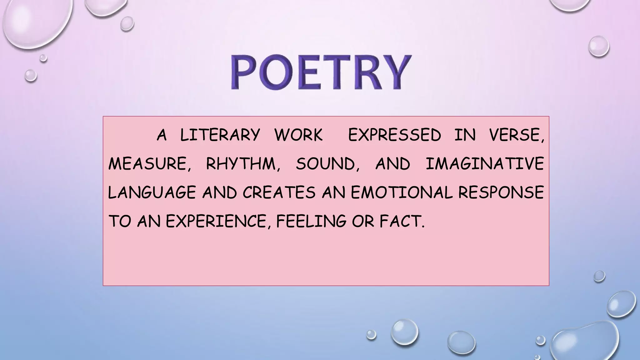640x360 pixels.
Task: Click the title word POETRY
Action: coord(321,72)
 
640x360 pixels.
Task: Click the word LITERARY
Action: coord(220,135)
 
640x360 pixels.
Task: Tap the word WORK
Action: coord(298,135)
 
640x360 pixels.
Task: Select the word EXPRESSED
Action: coord(394,135)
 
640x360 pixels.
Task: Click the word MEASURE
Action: coord(147,164)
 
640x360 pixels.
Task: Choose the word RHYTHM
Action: coord(240,164)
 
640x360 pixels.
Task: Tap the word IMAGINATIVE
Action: coord(485,164)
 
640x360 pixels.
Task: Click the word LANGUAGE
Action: coord(152,192)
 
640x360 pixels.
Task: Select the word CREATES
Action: coord(279,192)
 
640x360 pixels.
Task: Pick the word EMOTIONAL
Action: coord(402,192)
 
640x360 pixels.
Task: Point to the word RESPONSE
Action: coord(501,192)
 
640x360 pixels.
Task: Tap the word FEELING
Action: coord(311,221)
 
